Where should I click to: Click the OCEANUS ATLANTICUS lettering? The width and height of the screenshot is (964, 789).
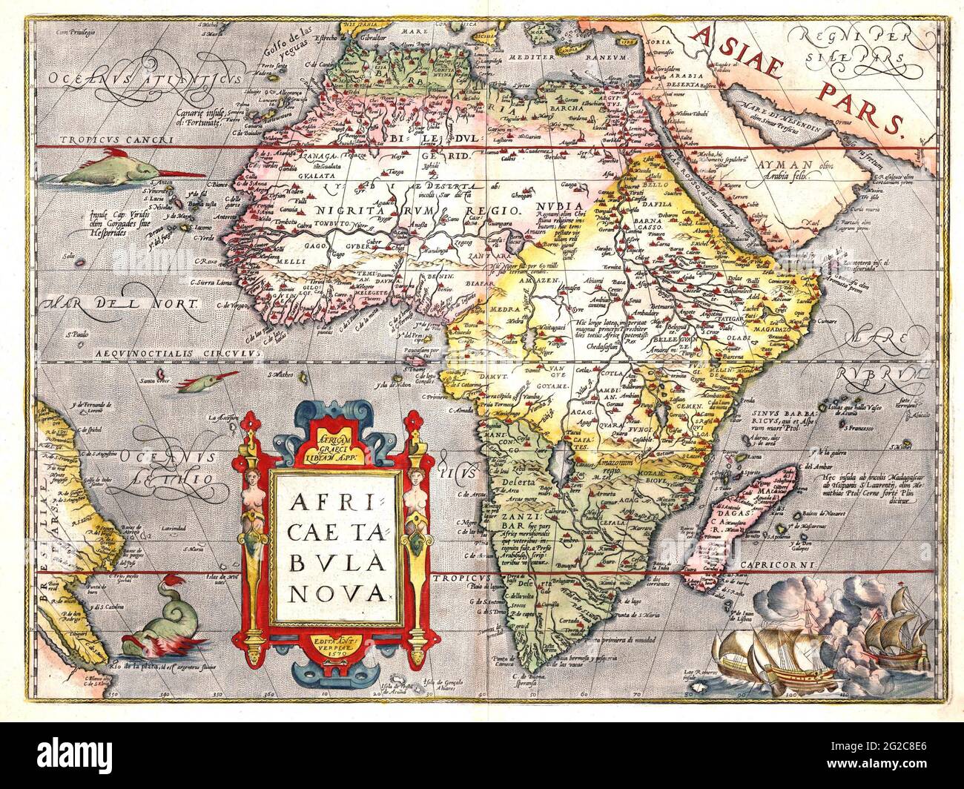pyautogui.click(x=141, y=78)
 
